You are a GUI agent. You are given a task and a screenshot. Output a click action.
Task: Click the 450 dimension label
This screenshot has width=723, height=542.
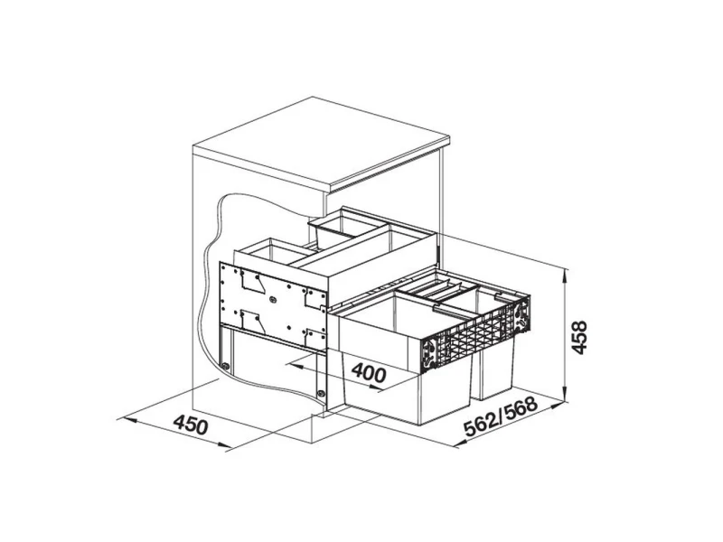click(191, 425)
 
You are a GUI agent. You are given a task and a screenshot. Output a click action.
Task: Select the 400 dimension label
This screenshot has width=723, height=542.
click(369, 372)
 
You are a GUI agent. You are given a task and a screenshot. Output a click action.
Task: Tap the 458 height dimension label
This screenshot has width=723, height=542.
click(578, 337)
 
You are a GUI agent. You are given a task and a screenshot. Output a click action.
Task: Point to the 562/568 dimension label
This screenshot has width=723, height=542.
click(502, 416)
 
